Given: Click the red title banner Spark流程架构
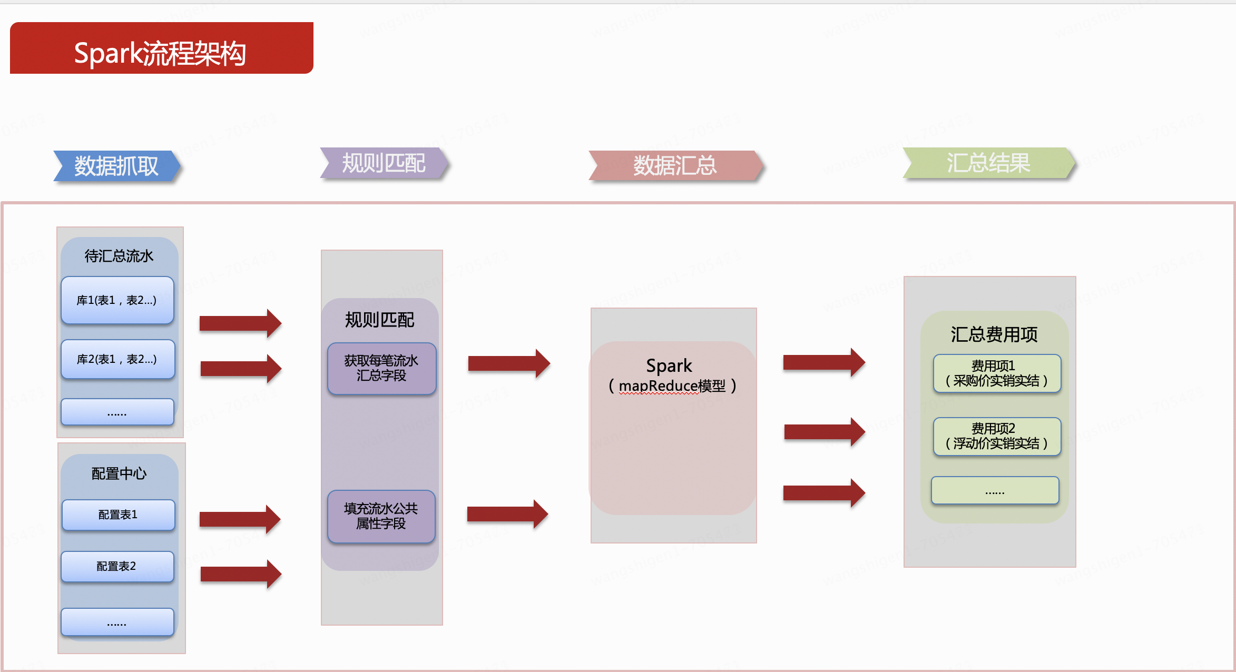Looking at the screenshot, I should click(x=161, y=48).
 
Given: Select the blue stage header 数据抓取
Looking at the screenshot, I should click(x=117, y=166).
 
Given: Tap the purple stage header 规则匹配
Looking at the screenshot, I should click(x=384, y=163).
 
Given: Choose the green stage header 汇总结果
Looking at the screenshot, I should click(x=988, y=163).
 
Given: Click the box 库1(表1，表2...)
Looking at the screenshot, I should click(x=117, y=300).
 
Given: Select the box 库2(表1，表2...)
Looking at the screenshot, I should click(x=117, y=359).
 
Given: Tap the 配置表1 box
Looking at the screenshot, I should click(x=118, y=515).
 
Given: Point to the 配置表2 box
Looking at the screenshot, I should click(x=117, y=566).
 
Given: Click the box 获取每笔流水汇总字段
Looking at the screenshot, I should click(x=381, y=368).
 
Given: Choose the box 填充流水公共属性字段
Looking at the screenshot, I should click(x=381, y=516).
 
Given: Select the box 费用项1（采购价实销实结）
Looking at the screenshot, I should click(x=996, y=373).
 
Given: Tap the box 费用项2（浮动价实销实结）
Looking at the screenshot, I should click(x=996, y=436).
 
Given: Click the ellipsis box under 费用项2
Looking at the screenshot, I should click(x=995, y=491).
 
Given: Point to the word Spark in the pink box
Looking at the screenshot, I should click(x=669, y=365).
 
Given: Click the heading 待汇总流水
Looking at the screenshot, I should click(x=119, y=256).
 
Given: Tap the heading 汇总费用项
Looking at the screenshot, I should click(x=994, y=334).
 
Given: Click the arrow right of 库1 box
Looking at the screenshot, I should click(x=240, y=323).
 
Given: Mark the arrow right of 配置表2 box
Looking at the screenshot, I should click(x=241, y=574).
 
